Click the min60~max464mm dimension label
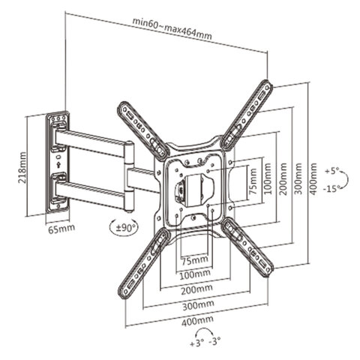point(172,28)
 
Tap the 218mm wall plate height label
point(22,167)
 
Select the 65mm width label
point(61,228)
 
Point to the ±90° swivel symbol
point(124,228)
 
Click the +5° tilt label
point(332,172)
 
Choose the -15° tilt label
point(332,188)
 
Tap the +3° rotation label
point(197,343)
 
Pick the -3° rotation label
point(214,340)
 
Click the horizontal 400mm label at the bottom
point(197,321)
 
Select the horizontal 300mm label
point(198,305)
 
